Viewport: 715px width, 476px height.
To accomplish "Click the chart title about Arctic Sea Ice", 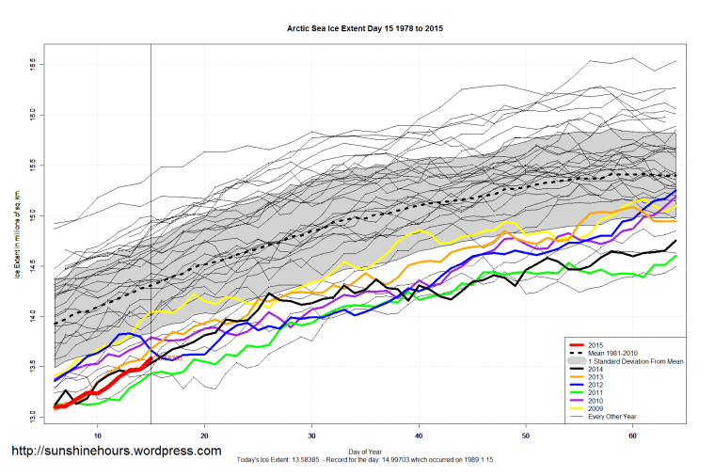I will point(365,28).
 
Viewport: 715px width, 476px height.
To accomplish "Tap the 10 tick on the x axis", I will point(98,435).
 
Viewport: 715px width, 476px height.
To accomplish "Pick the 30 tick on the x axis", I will point(310,435).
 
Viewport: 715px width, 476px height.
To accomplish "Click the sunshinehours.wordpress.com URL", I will point(116,452).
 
